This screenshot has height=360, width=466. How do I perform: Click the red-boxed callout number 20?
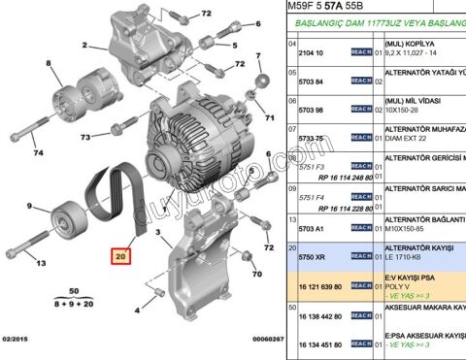point(120,257)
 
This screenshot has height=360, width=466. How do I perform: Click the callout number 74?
point(36,152)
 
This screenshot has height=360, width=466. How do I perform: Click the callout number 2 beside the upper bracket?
point(84,46)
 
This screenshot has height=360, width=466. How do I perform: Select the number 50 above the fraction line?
point(73,292)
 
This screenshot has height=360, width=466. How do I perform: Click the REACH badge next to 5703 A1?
point(361,228)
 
